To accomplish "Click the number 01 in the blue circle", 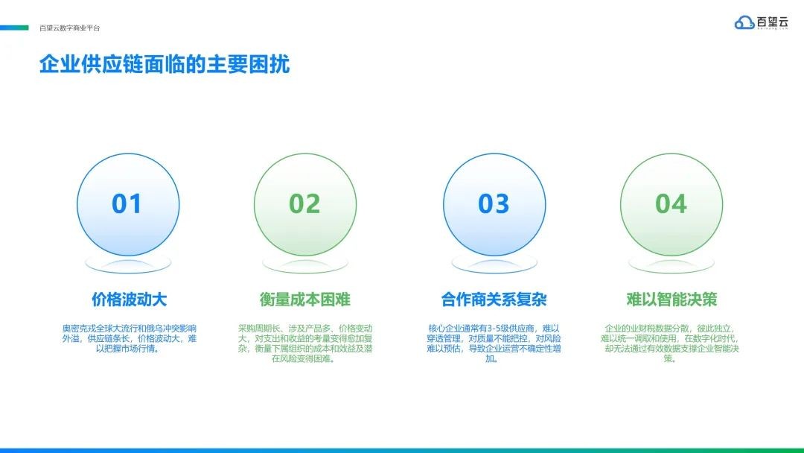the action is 127,203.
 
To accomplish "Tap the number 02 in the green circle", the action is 304,203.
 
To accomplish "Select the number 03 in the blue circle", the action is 494,203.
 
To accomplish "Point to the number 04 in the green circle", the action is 671,203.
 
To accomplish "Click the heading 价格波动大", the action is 130,299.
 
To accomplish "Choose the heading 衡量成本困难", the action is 304,299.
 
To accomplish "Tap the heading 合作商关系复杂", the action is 494,299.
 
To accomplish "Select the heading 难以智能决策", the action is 671,299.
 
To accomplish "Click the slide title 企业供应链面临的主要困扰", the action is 165,64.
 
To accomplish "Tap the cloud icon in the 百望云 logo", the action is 744,22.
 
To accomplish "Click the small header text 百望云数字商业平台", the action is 70,28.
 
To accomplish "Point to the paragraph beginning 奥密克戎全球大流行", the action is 130,338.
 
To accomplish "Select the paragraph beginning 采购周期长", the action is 305,343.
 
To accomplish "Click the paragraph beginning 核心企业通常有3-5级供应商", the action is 494,343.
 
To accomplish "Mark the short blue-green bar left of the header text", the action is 14,28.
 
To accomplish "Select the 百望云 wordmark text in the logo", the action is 772,22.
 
